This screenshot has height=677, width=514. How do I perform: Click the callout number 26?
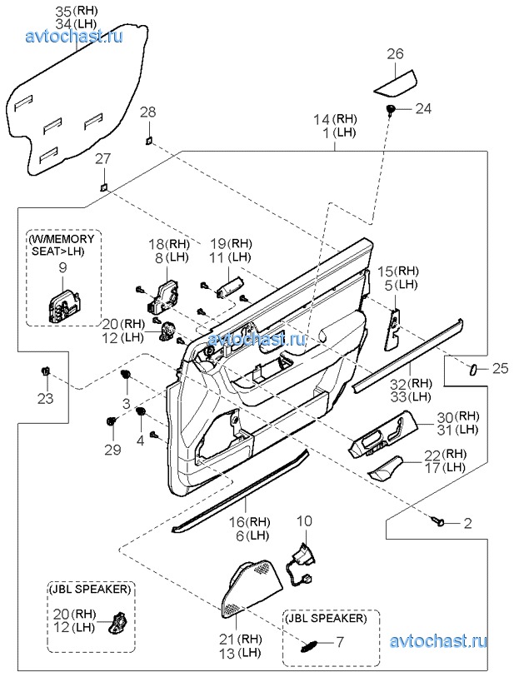click(395, 54)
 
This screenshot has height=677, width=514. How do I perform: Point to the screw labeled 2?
click(438, 522)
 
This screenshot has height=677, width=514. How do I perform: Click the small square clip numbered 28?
click(148, 140)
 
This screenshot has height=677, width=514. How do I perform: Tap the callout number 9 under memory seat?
click(62, 267)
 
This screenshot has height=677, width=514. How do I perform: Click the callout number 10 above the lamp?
click(305, 521)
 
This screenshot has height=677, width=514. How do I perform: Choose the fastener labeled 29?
click(111, 422)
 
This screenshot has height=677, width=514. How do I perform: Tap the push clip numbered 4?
click(140, 412)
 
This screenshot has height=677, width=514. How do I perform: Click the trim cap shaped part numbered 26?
click(394, 83)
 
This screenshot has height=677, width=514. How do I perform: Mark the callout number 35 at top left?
click(62, 11)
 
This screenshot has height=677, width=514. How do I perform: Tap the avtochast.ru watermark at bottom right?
click(438, 642)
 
